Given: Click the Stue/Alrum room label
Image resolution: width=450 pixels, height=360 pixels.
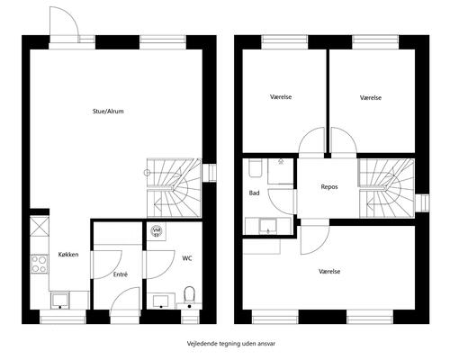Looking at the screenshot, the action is click(x=108, y=112).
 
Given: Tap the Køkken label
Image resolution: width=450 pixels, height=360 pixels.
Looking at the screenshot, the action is click(x=68, y=255).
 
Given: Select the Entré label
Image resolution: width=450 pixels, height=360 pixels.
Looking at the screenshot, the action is click(x=121, y=274).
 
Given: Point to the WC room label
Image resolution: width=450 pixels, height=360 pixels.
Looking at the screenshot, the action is click(x=187, y=258).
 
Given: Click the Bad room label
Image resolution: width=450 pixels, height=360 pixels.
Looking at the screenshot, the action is click(x=254, y=193).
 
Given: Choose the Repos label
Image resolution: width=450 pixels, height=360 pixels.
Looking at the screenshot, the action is click(x=329, y=187).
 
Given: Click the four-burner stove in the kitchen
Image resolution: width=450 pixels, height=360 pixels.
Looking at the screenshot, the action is click(x=40, y=264).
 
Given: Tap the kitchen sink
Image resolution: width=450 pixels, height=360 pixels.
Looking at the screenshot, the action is click(x=60, y=301).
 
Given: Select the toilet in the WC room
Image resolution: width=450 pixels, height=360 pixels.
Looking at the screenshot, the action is click(x=189, y=296).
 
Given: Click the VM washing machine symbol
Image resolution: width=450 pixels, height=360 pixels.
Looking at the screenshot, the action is click(x=157, y=230).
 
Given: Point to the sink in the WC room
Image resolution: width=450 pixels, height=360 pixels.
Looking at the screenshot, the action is click(x=161, y=301).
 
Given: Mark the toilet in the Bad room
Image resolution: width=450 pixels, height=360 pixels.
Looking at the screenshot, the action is click(x=256, y=168).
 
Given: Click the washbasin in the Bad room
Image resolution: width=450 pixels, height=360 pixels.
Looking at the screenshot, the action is click(x=268, y=226).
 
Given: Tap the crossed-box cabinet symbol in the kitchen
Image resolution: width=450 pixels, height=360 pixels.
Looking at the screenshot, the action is click(x=40, y=226).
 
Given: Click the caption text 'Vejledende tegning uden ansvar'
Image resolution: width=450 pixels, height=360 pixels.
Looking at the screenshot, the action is click(x=231, y=344).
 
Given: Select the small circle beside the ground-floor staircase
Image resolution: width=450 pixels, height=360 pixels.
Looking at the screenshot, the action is click(x=147, y=173).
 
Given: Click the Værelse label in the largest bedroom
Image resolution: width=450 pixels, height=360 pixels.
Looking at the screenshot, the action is click(x=329, y=272).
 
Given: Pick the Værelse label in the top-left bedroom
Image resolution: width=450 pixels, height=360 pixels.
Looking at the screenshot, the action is click(x=281, y=97).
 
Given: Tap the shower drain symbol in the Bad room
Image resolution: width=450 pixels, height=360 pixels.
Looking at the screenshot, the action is click(x=281, y=162).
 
